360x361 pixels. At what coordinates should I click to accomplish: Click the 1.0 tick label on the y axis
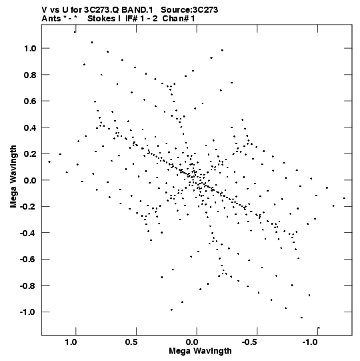(30, 48)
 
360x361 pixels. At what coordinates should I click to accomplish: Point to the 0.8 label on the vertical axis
(30, 75)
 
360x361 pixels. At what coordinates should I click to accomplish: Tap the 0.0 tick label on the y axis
(30, 180)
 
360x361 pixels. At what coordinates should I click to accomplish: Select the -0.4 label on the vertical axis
(28, 233)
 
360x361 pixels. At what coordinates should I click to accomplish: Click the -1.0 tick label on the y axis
(28, 312)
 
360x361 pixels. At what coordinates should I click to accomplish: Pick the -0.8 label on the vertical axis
(28, 286)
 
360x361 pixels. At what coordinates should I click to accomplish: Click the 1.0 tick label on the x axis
(71, 342)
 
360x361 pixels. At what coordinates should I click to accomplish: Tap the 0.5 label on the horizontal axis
(131, 342)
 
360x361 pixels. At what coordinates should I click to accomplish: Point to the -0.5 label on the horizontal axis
(250, 342)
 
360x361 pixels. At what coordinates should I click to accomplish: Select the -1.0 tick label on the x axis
(311, 342)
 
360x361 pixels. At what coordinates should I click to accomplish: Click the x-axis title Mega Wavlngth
(200, 351)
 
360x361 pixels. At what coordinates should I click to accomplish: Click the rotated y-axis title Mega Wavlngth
(13, 177)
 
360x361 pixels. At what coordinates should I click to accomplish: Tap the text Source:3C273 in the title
(189, 10)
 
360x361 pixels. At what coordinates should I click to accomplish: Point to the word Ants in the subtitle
(51, 19)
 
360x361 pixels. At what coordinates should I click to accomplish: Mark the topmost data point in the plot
(75, 32)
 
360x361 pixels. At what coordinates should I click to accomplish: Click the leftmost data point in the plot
(49, 162)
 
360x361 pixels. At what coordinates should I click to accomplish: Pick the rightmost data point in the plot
(345, 198)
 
